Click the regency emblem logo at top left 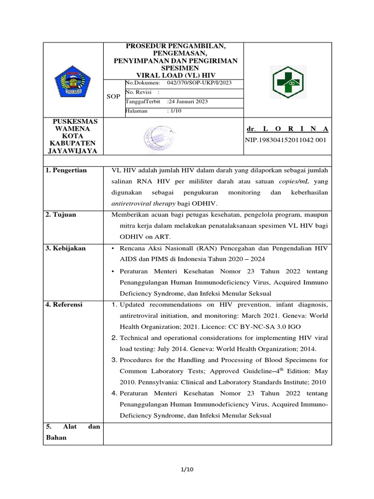74,81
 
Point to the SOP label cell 113,97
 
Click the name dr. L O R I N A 287,129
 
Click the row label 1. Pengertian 66,171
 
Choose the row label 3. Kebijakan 65,248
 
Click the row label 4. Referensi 64,305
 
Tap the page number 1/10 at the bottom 187,469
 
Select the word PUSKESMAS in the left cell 75,121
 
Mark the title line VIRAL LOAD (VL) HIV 175,76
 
